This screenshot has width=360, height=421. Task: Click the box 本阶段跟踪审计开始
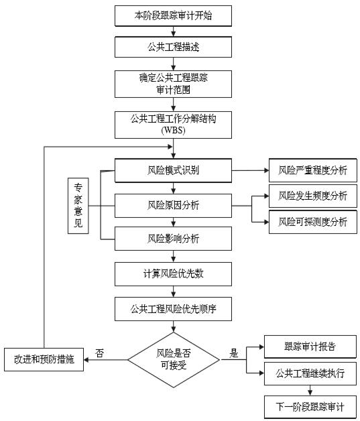pos(173,15)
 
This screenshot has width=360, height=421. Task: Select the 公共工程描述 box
pos(173,47)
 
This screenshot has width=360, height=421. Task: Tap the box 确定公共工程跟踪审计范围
pos(173,83)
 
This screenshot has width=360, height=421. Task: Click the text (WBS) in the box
pos(173,129)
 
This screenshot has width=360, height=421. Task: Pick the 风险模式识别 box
pos(173,170)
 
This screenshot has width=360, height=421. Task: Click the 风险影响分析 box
pos(173,238)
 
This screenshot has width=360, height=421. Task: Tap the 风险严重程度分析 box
pos(313,170)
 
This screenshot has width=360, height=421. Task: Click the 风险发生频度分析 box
pos(313,196)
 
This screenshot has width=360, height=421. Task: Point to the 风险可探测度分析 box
pos(313,221)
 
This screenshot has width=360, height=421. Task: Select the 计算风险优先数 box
pos(173,274)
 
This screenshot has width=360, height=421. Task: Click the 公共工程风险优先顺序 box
pos(173,309)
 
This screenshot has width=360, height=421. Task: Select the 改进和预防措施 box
pos(44,359)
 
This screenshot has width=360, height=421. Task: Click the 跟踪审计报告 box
pos(310,347)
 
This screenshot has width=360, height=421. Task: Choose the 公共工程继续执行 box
pos(310,373)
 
